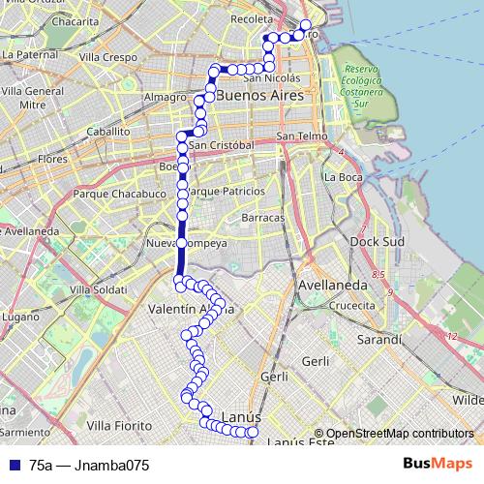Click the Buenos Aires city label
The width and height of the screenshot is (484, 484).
(260, 97)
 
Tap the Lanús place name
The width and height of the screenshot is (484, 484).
(242, 416)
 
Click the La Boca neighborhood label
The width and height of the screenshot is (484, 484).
(344, 177)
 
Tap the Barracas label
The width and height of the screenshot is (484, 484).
(264, 218)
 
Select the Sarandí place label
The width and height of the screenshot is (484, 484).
(378, 340)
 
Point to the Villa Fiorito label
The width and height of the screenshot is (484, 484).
(119, 425)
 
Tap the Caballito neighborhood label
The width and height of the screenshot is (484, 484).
(107, 130)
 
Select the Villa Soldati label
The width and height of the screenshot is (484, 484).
(98, 289)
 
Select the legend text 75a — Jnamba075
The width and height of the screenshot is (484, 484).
(89, 465)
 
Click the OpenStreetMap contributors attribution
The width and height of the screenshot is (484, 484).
(399, 434)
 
